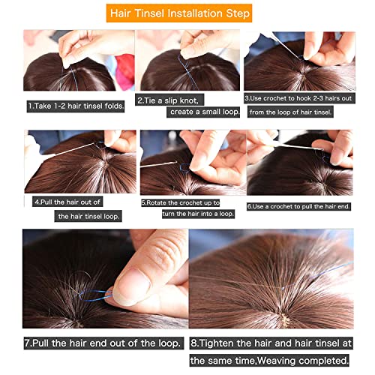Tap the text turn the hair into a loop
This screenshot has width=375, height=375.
[x=198, y=214]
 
